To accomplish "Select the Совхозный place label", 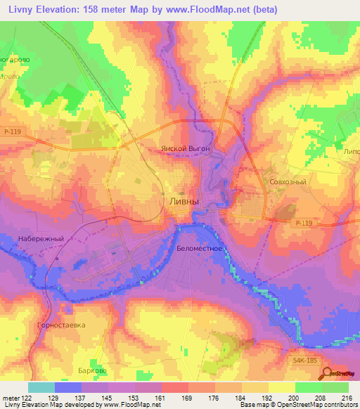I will [x=287, y=181].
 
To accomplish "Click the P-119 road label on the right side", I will [x=302, y=223].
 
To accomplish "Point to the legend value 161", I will [x=161, y=398].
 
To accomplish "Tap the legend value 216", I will [x=348, y=398].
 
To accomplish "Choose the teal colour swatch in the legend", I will [x=41, y=387].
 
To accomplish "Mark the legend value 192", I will [x=268, y=398].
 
